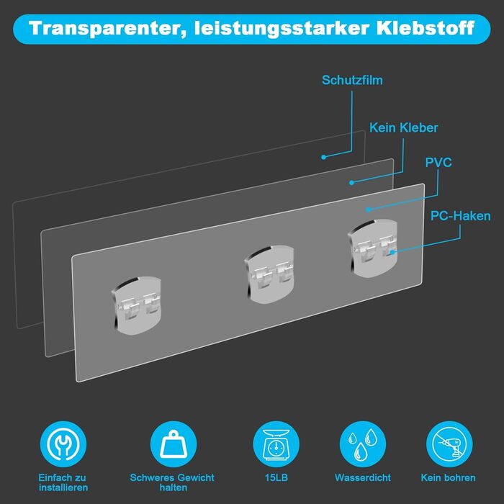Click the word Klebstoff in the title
(x=426, y=28)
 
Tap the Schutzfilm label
(x=352, y=81)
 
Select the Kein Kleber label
(x=403, y=127)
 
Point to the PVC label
(x=438, y=162)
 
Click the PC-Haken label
(x=460, y=216)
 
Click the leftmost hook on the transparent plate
(x=136, y=305)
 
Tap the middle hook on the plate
(x=269, y=274)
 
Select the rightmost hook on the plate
(x=373, y=248)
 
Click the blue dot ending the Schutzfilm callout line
(x=324, y=157)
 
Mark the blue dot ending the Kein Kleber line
(x=351, y=183)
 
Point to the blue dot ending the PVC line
(x=369, y=210)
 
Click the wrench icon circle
(x=63, y=444)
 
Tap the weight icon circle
(x=174, y=444)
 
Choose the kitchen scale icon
(x=276, y=444)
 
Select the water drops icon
(x=363, y=444)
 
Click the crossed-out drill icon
(x=449, y=444)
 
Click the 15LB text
(x=276, y=477)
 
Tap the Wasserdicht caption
(x=363, y=477)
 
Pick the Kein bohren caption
(x=448, y=477)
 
